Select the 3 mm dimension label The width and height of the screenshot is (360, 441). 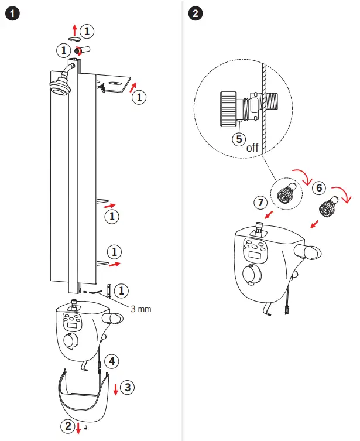click(x=141, y=308)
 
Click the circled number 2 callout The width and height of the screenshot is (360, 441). click(x=68, y=426)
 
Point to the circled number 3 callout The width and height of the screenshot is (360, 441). click(x=129, y=387)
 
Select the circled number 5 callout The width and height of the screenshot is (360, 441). click(x=238, y=139)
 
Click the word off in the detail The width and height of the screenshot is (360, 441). click(x=252, y=148)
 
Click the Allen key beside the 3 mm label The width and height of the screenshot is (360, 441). click(x=109, y=290)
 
